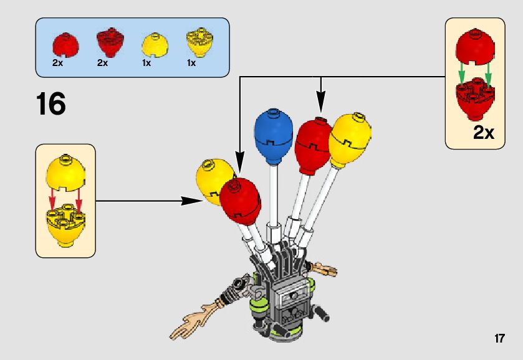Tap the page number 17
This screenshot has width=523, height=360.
click(x=499, y=339)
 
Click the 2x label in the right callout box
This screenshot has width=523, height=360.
click(x=483, y=133)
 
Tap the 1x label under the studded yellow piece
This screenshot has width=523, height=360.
click(x=191, y=63)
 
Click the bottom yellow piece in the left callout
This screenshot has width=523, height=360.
click(x=65, y=228)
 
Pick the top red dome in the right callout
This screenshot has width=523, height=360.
click(x=475, y=49)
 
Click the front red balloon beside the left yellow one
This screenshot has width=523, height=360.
click(x=240, y=200)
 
